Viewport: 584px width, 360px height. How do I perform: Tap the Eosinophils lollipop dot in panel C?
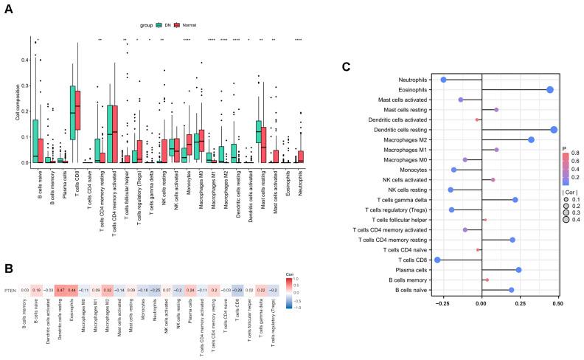(550, 89)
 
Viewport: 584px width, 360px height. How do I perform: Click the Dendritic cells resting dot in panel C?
(554, 130)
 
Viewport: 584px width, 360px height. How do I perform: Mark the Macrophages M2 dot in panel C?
(531, 139)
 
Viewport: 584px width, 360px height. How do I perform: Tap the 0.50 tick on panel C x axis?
(557, 302)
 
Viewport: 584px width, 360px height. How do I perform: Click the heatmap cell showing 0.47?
(63, 271)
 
